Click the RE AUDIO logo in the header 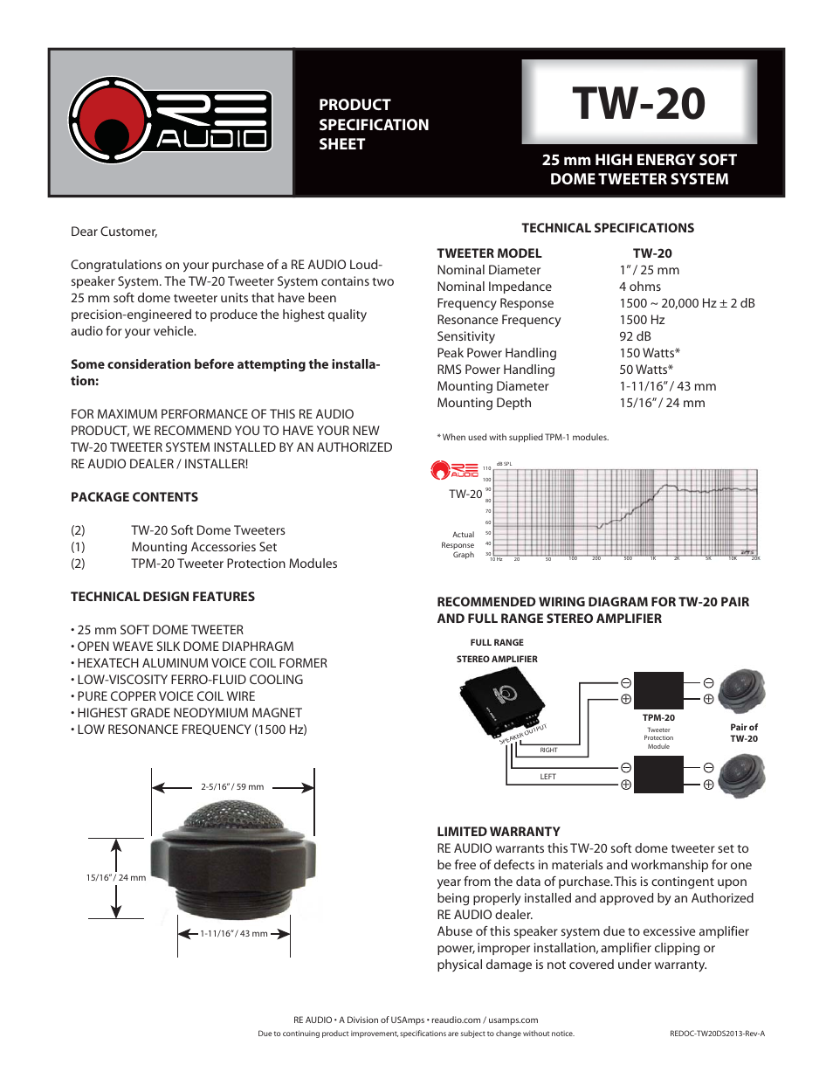[170, 121]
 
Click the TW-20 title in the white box [638, 103]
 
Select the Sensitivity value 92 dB [635, 336]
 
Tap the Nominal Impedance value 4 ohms [639, 287]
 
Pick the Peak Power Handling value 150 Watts [649, 353]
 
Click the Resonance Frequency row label [499, 320]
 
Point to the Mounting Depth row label [484, 403]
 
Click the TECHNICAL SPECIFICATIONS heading [608, 228]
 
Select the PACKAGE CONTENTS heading [134, 497]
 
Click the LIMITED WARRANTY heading [499, 832]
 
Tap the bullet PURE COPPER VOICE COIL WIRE [166, 696]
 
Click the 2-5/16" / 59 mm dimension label [232, 786]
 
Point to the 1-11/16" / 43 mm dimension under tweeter [233, 933]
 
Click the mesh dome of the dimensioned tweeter [233, 817]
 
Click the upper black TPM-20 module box [658, 690]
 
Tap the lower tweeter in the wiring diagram [741, 775]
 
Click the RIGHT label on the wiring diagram [548, 750]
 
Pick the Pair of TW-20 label [744, 733]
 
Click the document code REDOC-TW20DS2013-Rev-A [717, 1034]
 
